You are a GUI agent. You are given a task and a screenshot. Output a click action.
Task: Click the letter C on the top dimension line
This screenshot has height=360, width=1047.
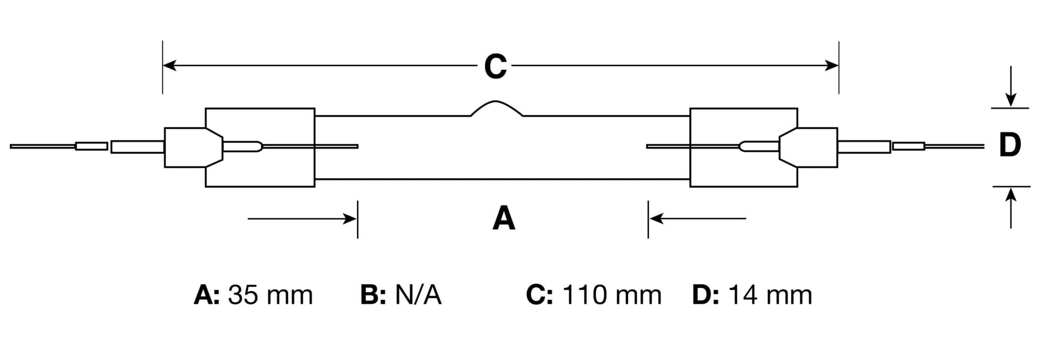pos(495,67)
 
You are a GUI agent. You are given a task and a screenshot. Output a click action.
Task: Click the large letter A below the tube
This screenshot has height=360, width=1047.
pos(503,219)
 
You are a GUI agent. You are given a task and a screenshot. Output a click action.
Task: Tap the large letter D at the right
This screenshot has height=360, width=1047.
pos(1009,146)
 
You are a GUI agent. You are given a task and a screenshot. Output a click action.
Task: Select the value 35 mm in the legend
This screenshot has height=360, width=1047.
pos(270,295)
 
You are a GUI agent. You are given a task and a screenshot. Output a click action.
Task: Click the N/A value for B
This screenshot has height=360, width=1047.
pos(418,295)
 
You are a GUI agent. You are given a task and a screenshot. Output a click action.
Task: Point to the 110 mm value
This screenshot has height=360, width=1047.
pos(611,295)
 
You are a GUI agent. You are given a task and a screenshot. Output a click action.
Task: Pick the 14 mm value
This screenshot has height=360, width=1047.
pos(770,295)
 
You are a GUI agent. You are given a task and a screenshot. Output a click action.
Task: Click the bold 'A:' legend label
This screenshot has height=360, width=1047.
pos(207,295)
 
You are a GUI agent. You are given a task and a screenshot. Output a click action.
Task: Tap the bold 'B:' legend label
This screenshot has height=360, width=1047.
pos(373,295)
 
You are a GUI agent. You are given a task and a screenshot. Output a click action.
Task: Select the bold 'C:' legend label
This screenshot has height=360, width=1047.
pos(539,295)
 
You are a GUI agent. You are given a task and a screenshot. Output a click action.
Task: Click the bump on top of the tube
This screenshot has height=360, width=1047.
pos(496,107)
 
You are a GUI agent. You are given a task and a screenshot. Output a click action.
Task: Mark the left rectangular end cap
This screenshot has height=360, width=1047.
pos(260,147)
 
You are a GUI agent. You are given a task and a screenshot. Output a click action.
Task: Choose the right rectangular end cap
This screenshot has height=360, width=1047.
pos(743,147)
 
